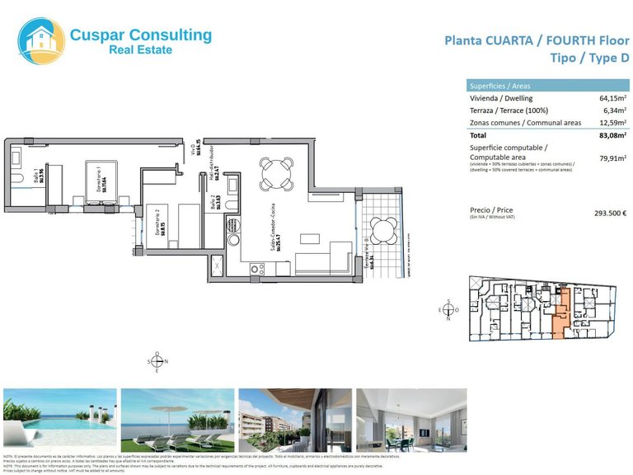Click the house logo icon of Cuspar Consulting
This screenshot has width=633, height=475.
(x=41, y=40)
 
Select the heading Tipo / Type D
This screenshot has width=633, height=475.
(x=588, y=58)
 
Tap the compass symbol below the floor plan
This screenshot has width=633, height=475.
(x=157, y=362)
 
